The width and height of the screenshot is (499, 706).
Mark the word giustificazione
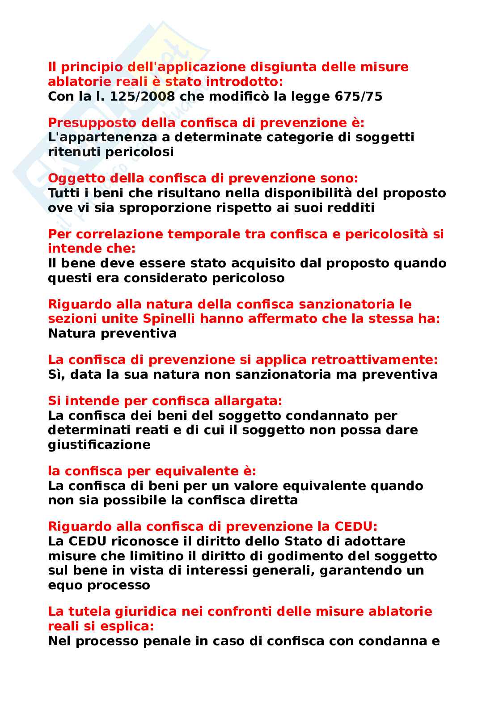[x=99, y=444]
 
